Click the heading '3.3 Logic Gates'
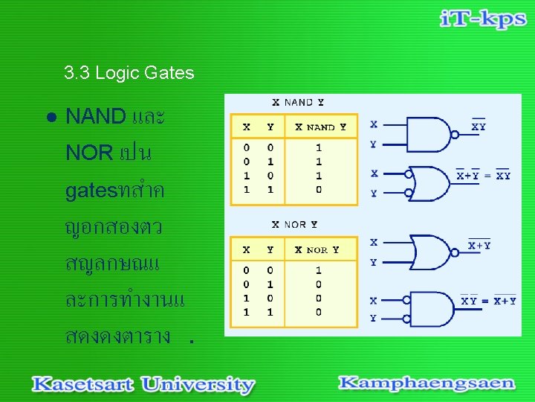[129, 73]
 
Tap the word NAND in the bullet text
[96, 116]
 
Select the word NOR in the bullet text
[89, 153]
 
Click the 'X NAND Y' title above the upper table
[297, 102]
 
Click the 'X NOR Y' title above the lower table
[294, 224]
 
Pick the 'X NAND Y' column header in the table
[320, 127]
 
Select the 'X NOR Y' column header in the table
[317, 250]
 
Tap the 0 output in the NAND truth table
[319, 190]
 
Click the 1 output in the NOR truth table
[319, 271]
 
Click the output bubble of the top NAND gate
[455, 135]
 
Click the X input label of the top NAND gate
[374, 124]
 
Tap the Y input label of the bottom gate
[373, 319]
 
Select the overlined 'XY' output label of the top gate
[479, 127]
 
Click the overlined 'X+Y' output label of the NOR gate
[479, 245]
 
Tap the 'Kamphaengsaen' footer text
[426, 383]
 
